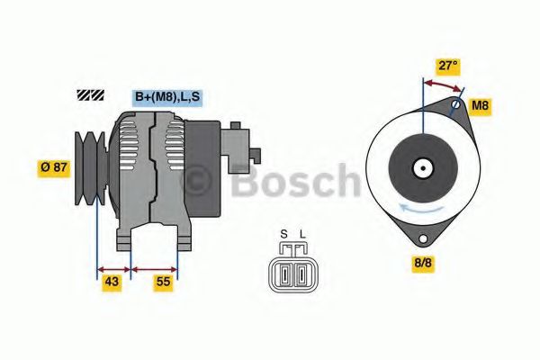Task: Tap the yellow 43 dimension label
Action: click(x=112, y=282)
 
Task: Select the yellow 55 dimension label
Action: click(x=163, y=282)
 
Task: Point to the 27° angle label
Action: click(x=447, y=67)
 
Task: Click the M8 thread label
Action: click(x=482, y=106)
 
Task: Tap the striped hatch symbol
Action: click(x=91, y=94)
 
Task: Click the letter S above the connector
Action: click(x=283, y=236)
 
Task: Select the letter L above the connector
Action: click(x=302, y=236)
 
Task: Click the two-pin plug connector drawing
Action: click(x=292, y=271)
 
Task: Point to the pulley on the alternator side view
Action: click(x=91, y=166)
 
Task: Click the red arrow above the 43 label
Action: click(x=113, y=267)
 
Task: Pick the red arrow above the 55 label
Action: click(x=155, y=267)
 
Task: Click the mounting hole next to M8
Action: click(x=456, y=105)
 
